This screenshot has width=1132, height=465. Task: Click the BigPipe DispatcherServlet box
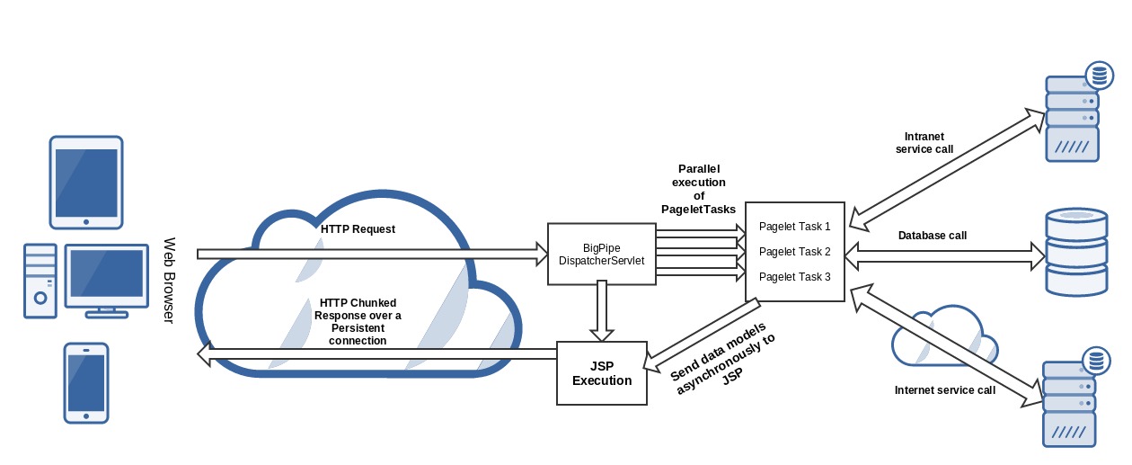[x=601, y=254]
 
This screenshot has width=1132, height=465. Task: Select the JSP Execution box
[x=601, y=373]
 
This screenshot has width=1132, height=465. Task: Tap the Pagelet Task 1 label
[x=794, y=227]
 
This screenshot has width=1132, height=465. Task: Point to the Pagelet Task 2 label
[x=794, y=252]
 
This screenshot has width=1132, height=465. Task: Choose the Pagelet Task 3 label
[x=794, y=277]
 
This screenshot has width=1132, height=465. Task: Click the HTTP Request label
[x=358, y=229]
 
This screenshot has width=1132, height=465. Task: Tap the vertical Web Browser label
[x=169, y=281]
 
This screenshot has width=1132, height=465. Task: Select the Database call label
[x=933, y=236]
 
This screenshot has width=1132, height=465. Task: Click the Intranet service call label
[x=924, y=143]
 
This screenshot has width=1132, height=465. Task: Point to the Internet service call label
[x=944, y=390]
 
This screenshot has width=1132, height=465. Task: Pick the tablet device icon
[x=86, y=183]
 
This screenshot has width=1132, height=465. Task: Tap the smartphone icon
[x=86, y=383]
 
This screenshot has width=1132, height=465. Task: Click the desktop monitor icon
[x=107, y=282]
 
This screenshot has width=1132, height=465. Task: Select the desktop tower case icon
[x=40, y=281]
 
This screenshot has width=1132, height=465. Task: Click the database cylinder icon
[x=1076, y=252]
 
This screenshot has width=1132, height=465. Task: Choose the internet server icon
[x=1074, y=399]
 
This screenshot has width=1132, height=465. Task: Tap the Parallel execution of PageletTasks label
[x=698, y=189]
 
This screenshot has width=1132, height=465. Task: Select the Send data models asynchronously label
[x=722, y=358]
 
